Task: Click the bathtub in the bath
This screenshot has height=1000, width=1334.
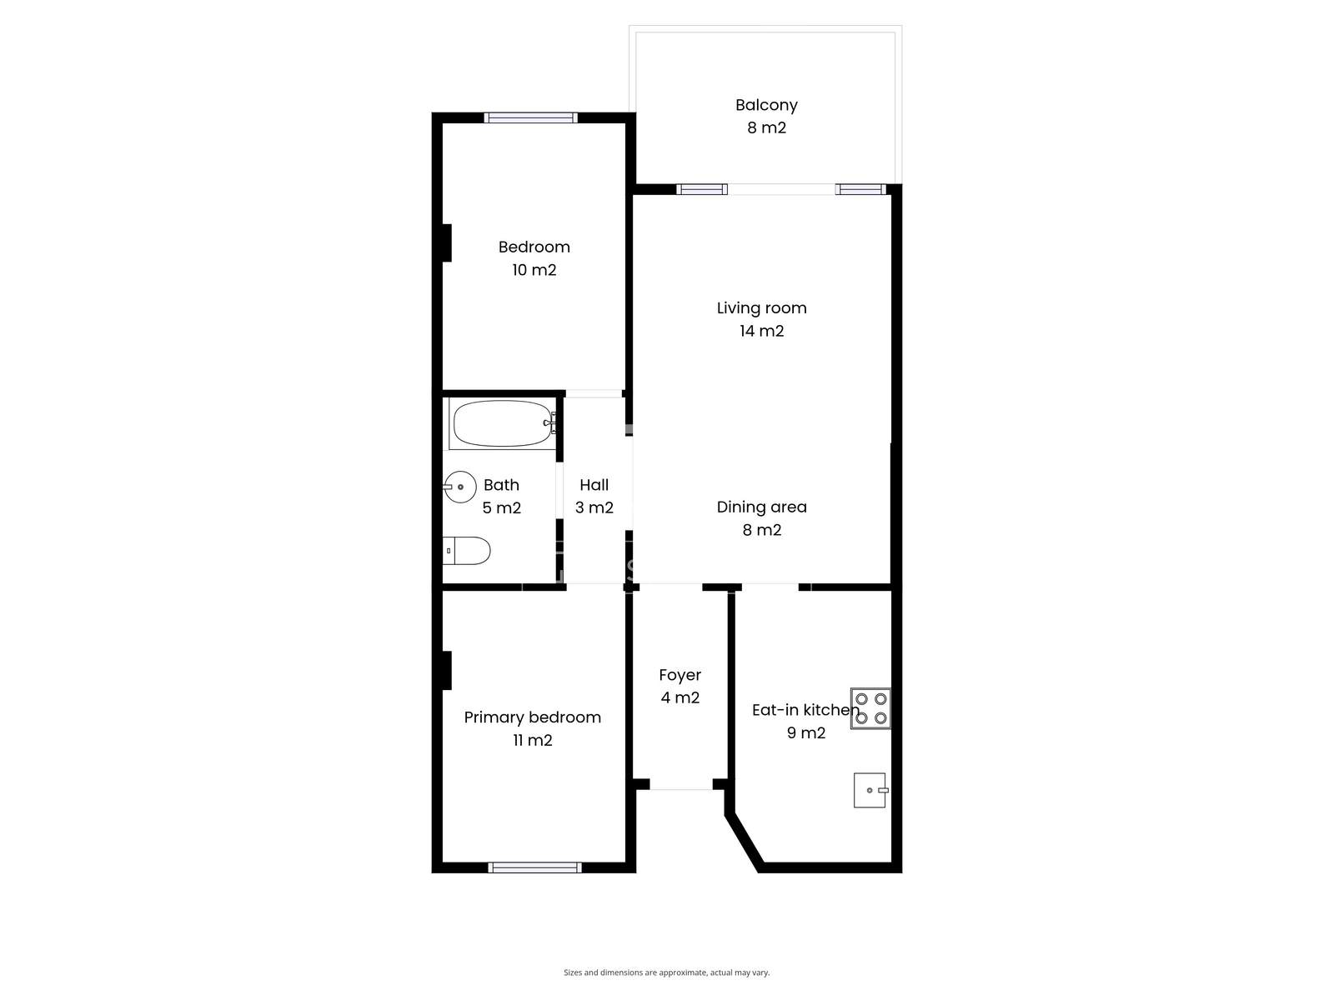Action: [503, 423]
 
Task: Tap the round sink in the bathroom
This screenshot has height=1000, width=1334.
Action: [459, 487]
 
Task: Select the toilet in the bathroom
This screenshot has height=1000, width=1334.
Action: [466, 551]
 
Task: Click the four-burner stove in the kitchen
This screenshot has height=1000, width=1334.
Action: [870, 708]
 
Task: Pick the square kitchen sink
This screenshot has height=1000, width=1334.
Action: [870, 790]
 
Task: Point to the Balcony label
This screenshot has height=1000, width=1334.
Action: [766, 105]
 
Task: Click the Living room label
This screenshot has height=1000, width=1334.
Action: [761, 307]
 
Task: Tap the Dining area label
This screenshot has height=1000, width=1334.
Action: [761, 507]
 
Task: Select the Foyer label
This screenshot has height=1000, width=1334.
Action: [680, 675]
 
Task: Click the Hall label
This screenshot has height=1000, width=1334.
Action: [594, 485]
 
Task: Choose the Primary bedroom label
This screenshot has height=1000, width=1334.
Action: [533, 717]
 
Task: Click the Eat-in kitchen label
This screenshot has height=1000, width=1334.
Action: [806, 710]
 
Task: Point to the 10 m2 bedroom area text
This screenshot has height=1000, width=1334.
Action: [534, 269]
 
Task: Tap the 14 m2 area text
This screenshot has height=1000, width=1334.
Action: [761, 331]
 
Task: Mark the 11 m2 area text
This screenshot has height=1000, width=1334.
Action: [533, 740]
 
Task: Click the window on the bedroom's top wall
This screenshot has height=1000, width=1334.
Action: [530, 117]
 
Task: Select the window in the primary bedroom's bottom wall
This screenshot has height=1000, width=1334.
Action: [534, 867]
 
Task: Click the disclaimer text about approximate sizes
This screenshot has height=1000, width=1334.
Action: [667, 972]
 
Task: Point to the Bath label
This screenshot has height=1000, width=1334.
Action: [501, 485]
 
